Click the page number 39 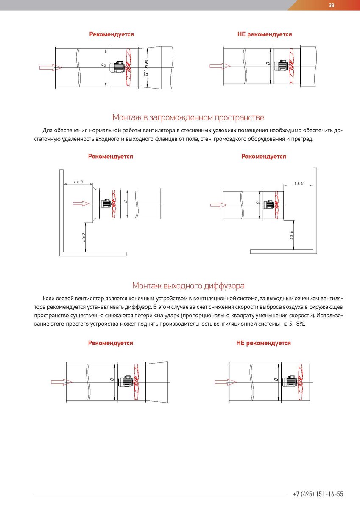coord(332,5)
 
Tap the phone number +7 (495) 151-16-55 coord(318,494)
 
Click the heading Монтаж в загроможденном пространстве coord(188,117)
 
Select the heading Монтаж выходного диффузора coord(188,285)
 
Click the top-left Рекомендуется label coord(112,34)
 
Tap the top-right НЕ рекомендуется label coord(265,34)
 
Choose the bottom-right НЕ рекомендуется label coord(263,343)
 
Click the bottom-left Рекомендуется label coord(111,343)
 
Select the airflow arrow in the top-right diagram coord(219,66)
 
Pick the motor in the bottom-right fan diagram coord(290,382)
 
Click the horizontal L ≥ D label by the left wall coord(78,182)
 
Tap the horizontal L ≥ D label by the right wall coord(299,183)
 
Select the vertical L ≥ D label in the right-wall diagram coord(291,235)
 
